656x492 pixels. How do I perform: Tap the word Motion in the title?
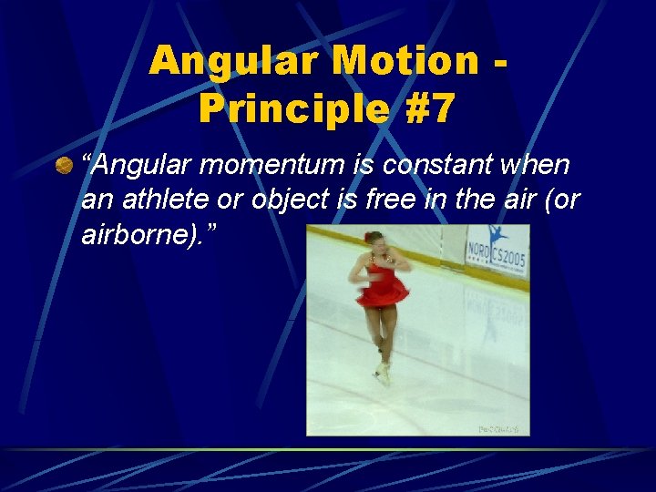click(x=407, y=62)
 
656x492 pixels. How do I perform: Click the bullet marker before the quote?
click(x=63, y=165)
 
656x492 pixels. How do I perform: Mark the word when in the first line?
click(x=534, y=166)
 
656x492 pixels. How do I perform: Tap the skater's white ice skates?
click(x=383, y=371)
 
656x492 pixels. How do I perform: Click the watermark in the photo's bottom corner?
click(x=499, y=428)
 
